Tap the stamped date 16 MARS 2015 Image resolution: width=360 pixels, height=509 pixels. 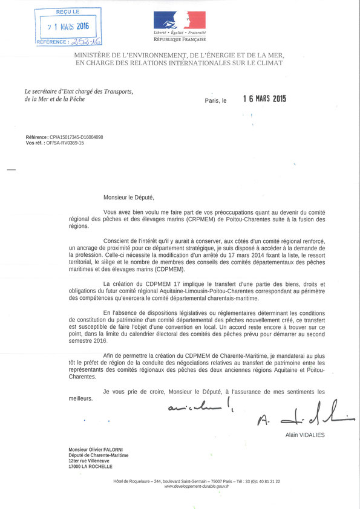(x=264, y=99)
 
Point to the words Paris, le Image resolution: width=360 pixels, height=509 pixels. (x=215, y=101)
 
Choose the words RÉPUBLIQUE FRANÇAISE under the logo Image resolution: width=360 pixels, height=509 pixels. (x=179, y=40)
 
